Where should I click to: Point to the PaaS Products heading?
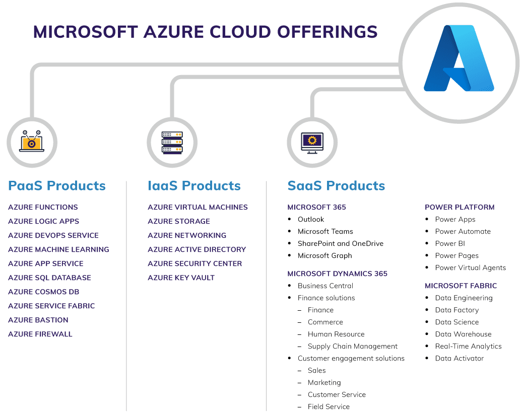coord(57,185)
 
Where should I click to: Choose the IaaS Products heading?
coord(194,185)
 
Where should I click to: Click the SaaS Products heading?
coord(336,185)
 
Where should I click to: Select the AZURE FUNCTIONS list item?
coord(43,207)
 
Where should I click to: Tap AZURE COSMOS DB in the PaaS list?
coord(43,292)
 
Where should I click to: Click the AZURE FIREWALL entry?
coord(40,334)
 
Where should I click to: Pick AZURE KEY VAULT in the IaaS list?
coord(181,278)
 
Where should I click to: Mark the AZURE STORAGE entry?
coord(178,221)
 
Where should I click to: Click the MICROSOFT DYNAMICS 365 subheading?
coord(337,273)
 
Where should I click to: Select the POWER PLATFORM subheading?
coord(460,207)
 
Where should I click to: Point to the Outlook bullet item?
coord(311,219)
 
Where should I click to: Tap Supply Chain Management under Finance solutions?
coord(353,346)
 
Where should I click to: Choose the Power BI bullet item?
coord(450,243)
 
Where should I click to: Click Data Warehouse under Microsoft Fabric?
coord(463,334)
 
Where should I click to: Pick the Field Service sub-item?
coord(329,406)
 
